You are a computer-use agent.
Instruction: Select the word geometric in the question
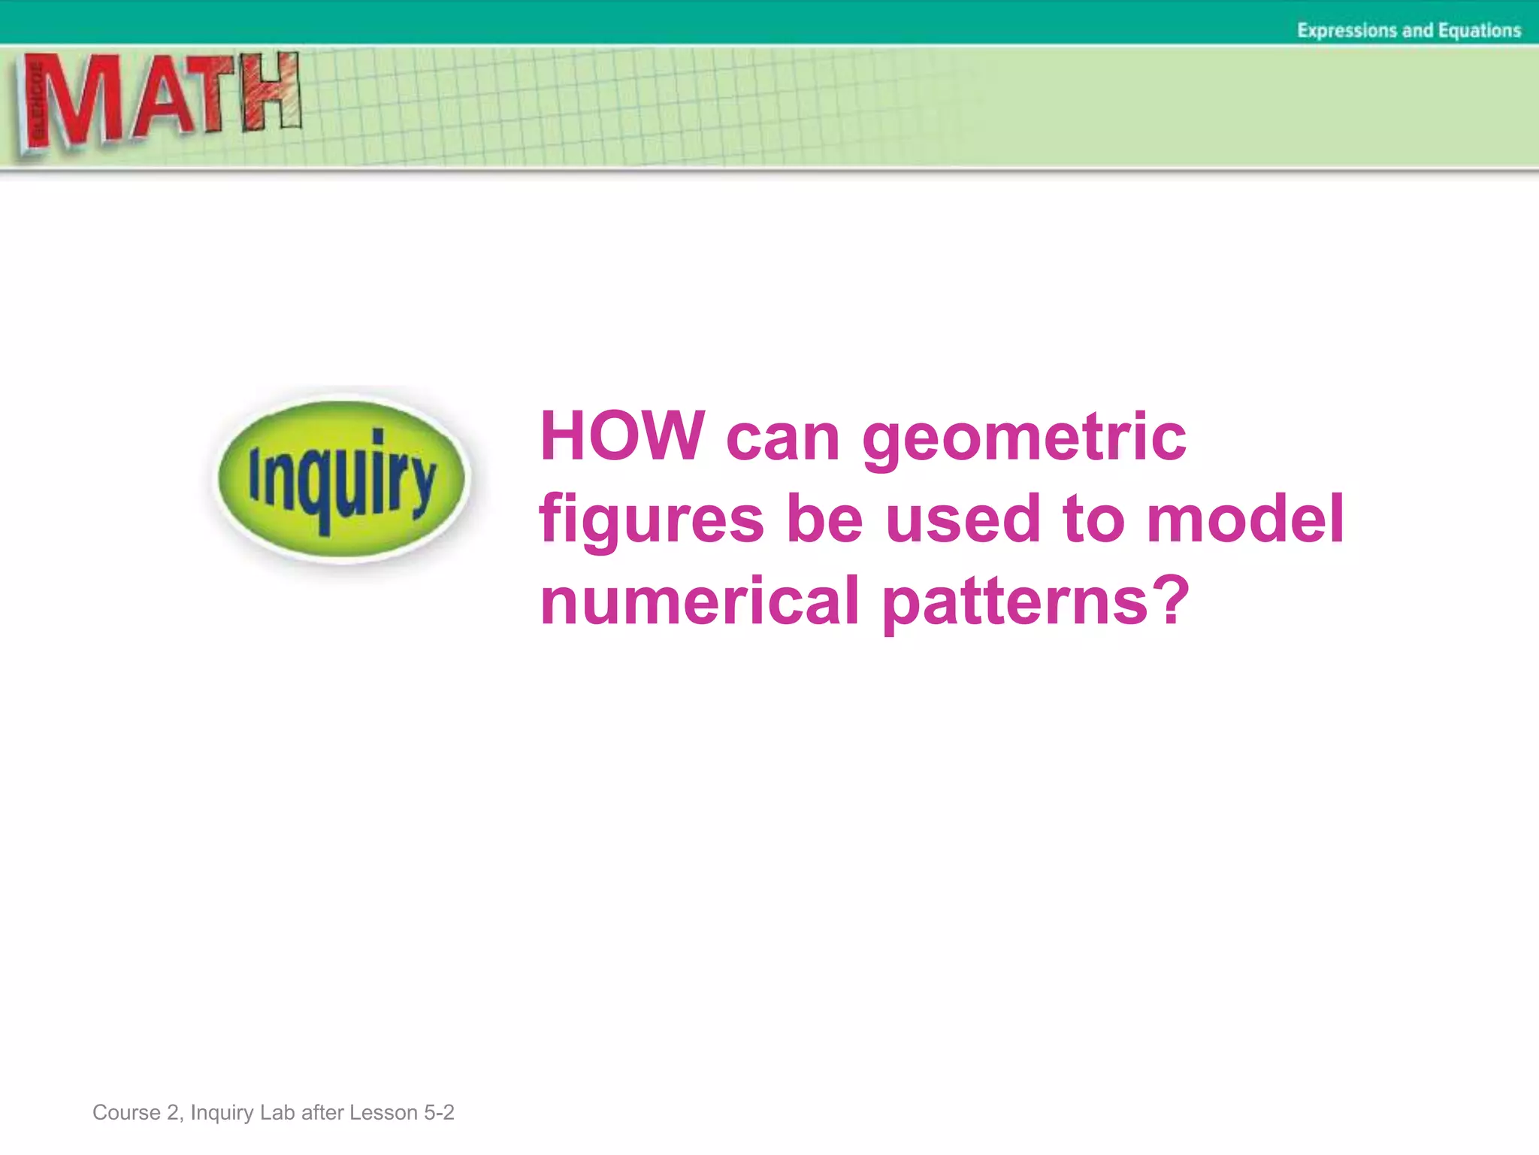(1024, 438)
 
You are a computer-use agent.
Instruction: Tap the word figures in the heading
(652, 521)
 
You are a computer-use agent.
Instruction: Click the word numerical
(700, 601)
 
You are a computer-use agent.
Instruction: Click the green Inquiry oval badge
(342, 479)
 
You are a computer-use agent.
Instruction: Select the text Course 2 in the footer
(136, 1112)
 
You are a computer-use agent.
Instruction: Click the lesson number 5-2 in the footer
(439, 1112)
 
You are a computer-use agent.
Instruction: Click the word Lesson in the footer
(383, 1112)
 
